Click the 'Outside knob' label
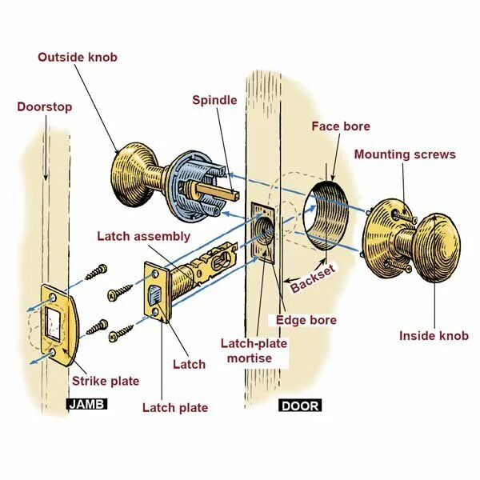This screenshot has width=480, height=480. click(78, 57)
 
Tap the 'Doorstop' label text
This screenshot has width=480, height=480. click(45, 107)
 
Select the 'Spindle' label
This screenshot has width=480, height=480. click(214, 100)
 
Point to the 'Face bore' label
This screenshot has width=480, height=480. click(341, 126)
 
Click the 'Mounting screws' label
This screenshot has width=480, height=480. click(405, 154)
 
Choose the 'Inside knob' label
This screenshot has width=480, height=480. click(434, 336)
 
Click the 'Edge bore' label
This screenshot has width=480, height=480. click(306, 320)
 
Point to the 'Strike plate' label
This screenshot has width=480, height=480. click(105, 380)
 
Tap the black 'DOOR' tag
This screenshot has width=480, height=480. click(300, 406)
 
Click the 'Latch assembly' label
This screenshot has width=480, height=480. click(144, 236)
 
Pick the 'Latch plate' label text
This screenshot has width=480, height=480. click(175, 408)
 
